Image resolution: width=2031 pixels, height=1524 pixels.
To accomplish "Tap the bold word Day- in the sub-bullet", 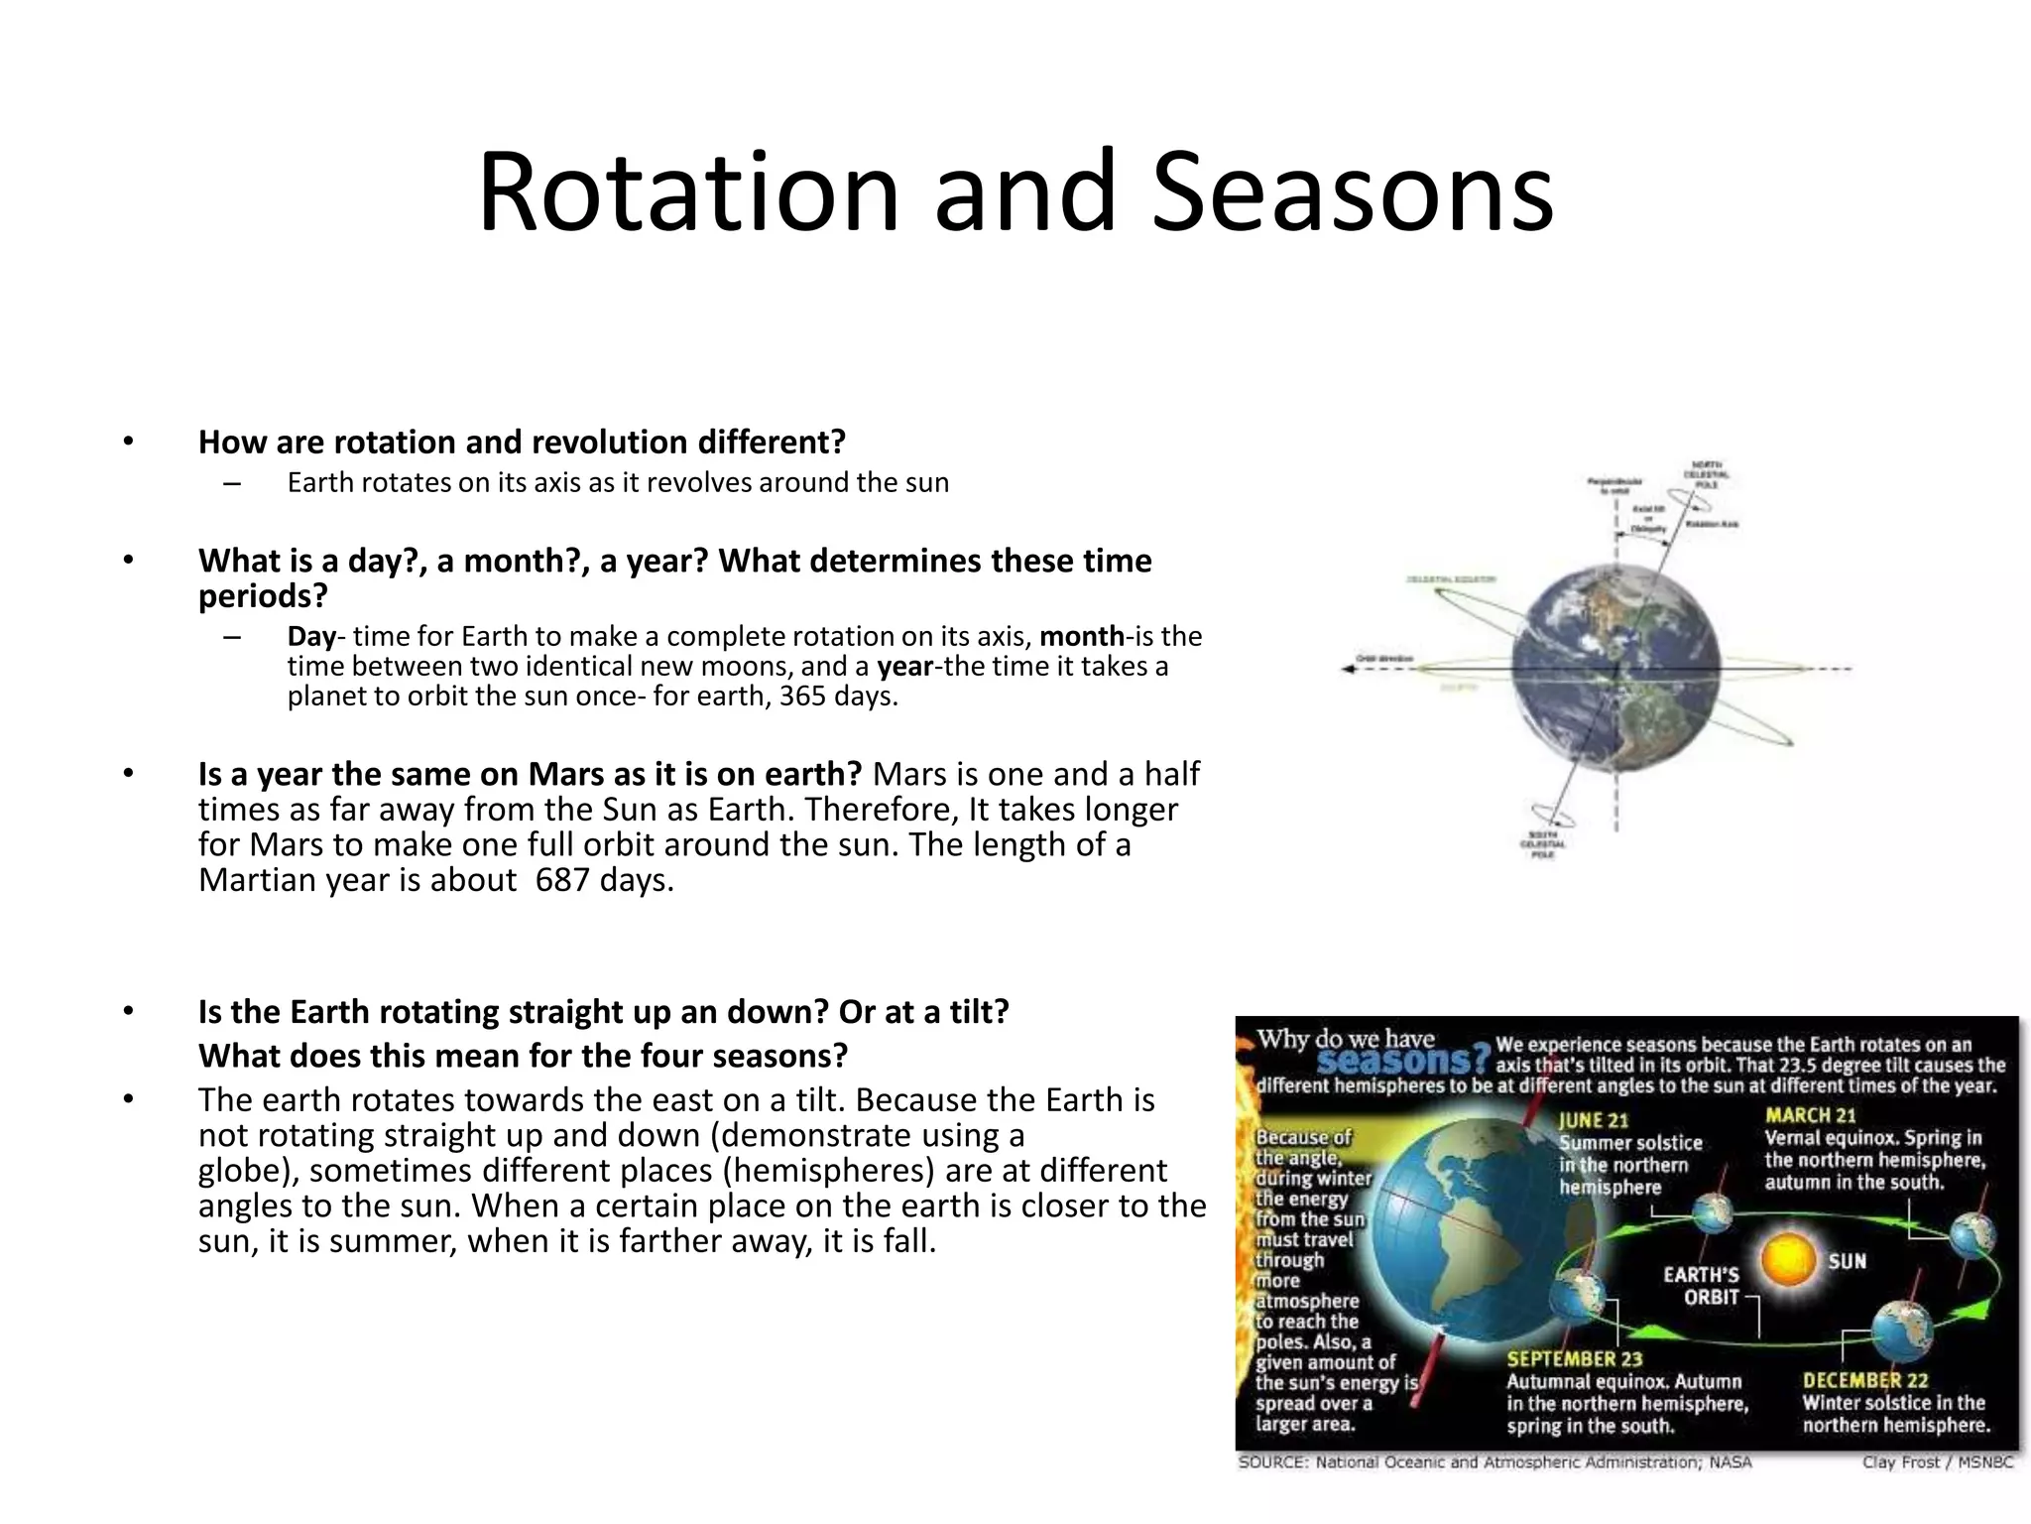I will [x=312, y=636].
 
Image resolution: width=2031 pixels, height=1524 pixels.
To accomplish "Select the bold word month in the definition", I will [x=1081, y=636].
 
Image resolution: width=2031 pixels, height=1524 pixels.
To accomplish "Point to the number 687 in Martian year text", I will [x=562, y=880].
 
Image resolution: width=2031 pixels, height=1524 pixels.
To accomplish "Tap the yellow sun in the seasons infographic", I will [x=1790, y=1262].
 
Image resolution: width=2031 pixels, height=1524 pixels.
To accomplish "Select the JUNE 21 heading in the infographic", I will [x=1594, y=1120].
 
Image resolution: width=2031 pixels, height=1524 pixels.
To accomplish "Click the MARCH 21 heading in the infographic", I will [x=1810, y=1115].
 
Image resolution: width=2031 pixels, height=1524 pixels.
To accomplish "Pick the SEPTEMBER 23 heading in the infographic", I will [x=1574, y=1359].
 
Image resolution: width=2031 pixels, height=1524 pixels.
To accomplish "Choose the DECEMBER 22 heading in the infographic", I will [x=1864, y=1380].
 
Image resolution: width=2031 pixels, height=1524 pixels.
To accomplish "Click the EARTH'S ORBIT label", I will [x=1701, y=1286].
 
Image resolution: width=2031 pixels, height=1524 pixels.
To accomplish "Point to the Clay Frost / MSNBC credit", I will [x=1937, y=1462].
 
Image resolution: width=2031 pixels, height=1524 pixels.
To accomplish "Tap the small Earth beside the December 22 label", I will [x=1901, y=1330].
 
